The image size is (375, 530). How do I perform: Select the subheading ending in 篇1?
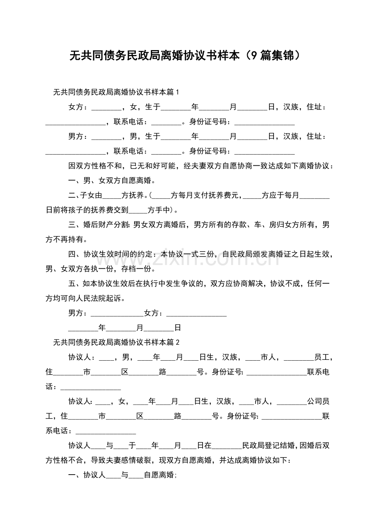click(x=117, y=92)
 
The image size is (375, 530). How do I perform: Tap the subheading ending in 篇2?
click(x=117, y=342)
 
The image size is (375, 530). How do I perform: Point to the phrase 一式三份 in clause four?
click(x=195, y=254)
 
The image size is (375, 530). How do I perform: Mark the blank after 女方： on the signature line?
click(x=196, y=313)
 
